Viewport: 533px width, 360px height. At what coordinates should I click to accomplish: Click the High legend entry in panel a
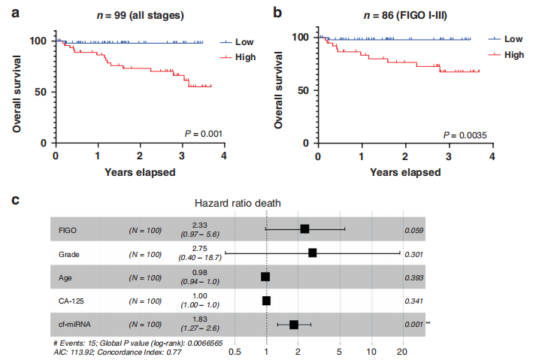coord(244,56)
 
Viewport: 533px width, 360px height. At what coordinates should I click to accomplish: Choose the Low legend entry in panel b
coord(513,39)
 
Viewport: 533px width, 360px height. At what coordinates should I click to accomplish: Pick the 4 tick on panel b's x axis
coord(492,156)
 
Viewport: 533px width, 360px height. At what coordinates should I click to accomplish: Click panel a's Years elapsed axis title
coord(139,172)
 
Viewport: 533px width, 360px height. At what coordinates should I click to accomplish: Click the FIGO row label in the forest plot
coord(69,230)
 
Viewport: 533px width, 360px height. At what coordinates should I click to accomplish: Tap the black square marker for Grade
coord(312,253)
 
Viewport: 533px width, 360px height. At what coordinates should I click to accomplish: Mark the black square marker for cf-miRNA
coord(294,325)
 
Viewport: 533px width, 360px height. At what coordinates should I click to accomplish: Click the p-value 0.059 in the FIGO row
coord(413,230)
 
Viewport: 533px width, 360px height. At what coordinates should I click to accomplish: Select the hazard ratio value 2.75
coord(199,249)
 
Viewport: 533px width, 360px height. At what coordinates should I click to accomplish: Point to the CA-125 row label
coord(72,301)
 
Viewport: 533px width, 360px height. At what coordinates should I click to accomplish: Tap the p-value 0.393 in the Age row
coord(413,277)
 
